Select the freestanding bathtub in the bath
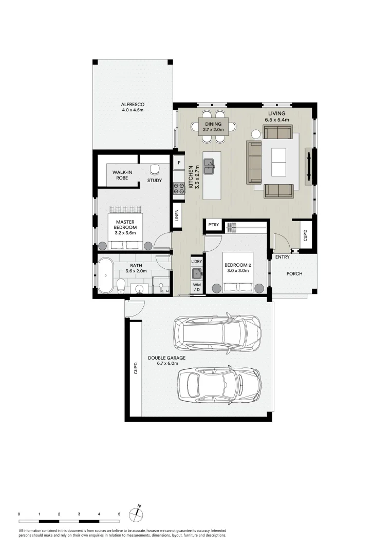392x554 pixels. click(x=105, y=275)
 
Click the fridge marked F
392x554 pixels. click(x=179, y=163)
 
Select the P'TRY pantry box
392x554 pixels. click(x=213, y=225)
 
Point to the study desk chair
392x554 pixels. click(x=154, y=169)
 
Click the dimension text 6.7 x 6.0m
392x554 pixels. click(x=164, y=363)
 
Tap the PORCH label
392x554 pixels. click(x=294, y=273)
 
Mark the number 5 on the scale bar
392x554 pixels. click(x=119, y=513)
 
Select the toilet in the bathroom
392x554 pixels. click(x=122, y=285)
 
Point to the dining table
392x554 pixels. click(x=213, y=127)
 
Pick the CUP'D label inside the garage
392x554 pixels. click(x=136, y=368)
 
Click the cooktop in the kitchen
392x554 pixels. click(x=179, y=189)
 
